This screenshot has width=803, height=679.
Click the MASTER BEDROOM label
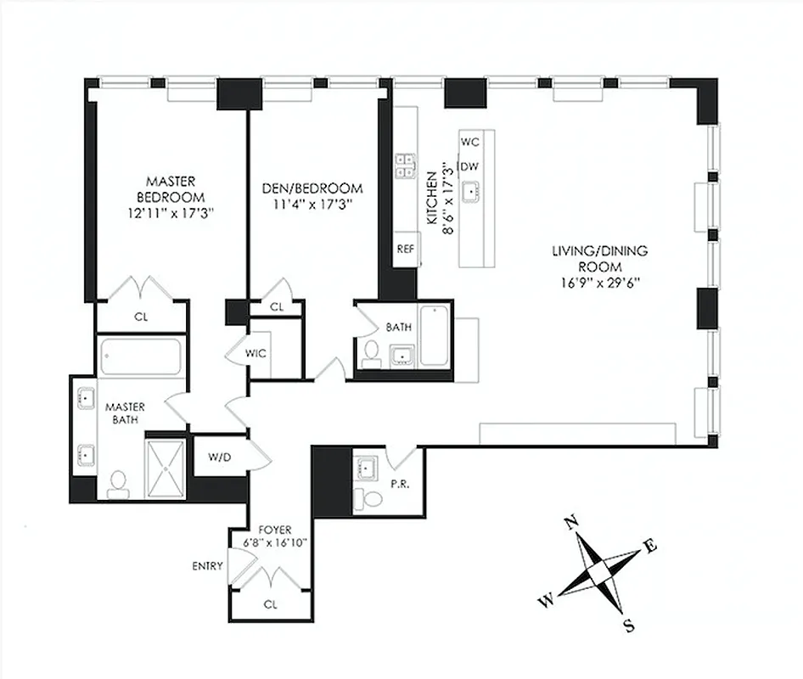(171, 188)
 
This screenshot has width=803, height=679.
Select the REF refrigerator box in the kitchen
(406, 250)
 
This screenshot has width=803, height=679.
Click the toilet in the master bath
(118, 482)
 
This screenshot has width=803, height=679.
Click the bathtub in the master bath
(140, 356)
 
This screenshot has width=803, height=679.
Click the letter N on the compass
(572, 522)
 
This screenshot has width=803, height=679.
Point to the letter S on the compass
(628, 627)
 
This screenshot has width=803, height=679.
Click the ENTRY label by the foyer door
(209, 566)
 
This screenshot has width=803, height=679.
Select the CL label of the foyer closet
(270, 605)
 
